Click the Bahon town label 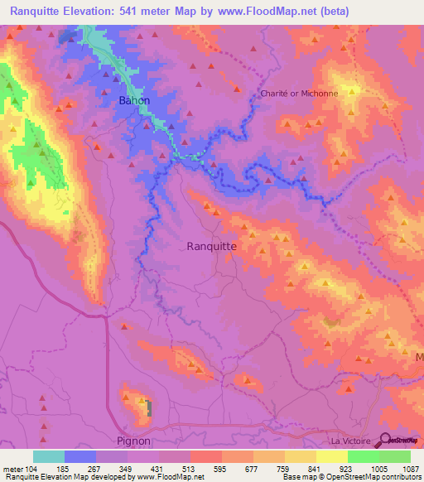click(x=134, y=100)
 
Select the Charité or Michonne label click(x=300, y=94)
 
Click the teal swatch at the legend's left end click(x=49, y=456)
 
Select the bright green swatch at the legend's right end click(x=395, y=456)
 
